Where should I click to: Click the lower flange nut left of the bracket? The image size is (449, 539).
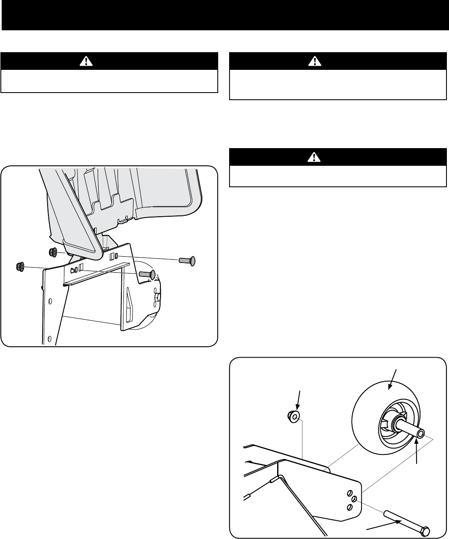coord(19,266)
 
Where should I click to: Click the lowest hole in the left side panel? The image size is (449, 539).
coord(50,339)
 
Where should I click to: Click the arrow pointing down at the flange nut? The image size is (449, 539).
coord(299,401)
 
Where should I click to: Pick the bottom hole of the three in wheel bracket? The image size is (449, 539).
coord(348,506)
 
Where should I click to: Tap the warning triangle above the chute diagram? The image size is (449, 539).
coord(86,61)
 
